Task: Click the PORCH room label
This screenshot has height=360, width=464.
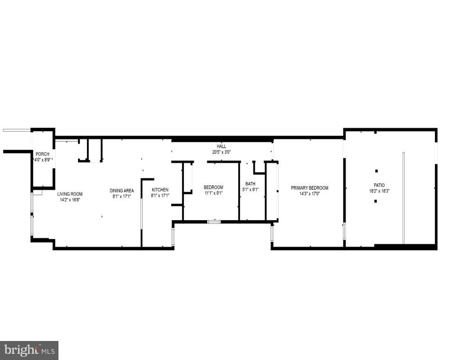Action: pos(42,154)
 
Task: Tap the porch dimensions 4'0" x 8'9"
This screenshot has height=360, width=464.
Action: pos(43,160)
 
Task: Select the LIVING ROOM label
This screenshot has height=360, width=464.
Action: pos(70,194)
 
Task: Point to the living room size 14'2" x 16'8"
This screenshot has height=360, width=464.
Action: pos(70,200)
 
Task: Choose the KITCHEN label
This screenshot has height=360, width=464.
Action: pos(160,190)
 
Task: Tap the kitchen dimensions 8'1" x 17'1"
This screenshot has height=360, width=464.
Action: pos(160,195)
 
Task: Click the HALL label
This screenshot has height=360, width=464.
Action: pos(222,146)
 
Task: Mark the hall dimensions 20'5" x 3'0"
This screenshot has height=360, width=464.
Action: pos(222,152)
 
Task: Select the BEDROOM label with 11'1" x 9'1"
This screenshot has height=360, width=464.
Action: pos(213,187)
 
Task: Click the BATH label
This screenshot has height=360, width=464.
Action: pos(250,184)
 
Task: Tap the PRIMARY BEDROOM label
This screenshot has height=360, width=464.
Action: pos(309,188)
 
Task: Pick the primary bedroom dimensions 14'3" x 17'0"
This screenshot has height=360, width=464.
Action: pos(309,194)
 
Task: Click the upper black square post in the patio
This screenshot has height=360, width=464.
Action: pos(376,171)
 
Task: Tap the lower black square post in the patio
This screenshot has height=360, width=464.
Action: pos(376,201)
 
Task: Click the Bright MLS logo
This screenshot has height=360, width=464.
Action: pos(29,350)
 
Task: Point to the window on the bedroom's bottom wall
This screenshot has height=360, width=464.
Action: pos(214,222)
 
